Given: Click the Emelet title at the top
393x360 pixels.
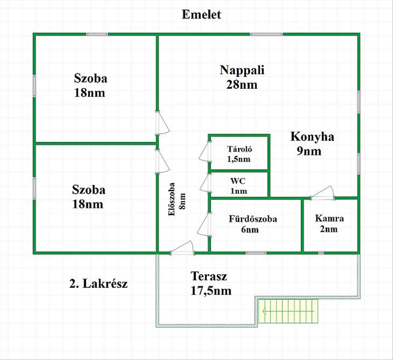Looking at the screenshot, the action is click(201, 14).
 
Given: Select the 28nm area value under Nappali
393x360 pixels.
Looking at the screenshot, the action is click(242, 85).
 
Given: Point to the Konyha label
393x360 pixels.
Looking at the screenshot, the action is click(312, 137).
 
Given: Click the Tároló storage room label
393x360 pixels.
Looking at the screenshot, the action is click(240, 149).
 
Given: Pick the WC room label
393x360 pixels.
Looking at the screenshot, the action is click(238, 181).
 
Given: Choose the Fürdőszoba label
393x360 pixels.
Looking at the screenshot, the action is click(253, 219).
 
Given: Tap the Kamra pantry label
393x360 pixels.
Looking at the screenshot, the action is click(329, 218).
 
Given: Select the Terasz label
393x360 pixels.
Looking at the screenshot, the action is click(209, 276).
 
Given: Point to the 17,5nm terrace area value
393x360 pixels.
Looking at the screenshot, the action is click(211, 291).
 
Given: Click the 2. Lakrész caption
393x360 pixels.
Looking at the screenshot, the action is click(98, 284).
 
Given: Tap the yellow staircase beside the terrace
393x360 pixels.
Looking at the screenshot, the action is click(289, 311).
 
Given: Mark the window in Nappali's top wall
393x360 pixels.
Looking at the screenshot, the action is click(266, 34).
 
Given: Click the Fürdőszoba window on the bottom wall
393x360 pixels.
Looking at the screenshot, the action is click(256, 253).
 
